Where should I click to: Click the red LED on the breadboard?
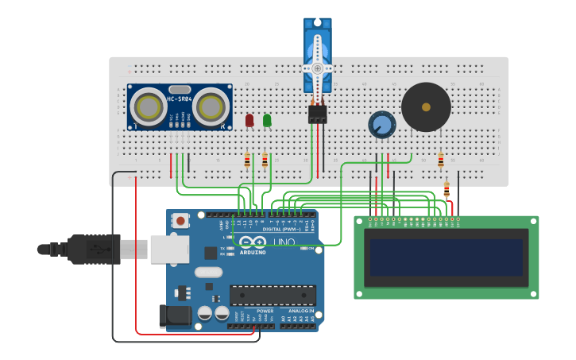tap(249, 120)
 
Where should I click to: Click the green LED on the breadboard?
tap(267, 120)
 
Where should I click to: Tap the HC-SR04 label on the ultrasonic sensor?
tap(179, 98)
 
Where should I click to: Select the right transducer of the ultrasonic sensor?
tap(209, 106)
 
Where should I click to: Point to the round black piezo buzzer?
tap(426, 107)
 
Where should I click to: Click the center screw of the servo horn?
tap(318, 68)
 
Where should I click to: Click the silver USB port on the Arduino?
tap(168, 249)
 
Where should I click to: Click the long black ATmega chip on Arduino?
tap(273, 295)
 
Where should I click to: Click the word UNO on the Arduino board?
tap(284, 242)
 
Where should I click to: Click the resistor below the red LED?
tap(247, 161)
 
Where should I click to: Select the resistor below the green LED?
tap(265, 161)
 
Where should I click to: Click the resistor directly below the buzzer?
tap(441, 161)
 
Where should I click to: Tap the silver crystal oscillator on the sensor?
tap(180, 89)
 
